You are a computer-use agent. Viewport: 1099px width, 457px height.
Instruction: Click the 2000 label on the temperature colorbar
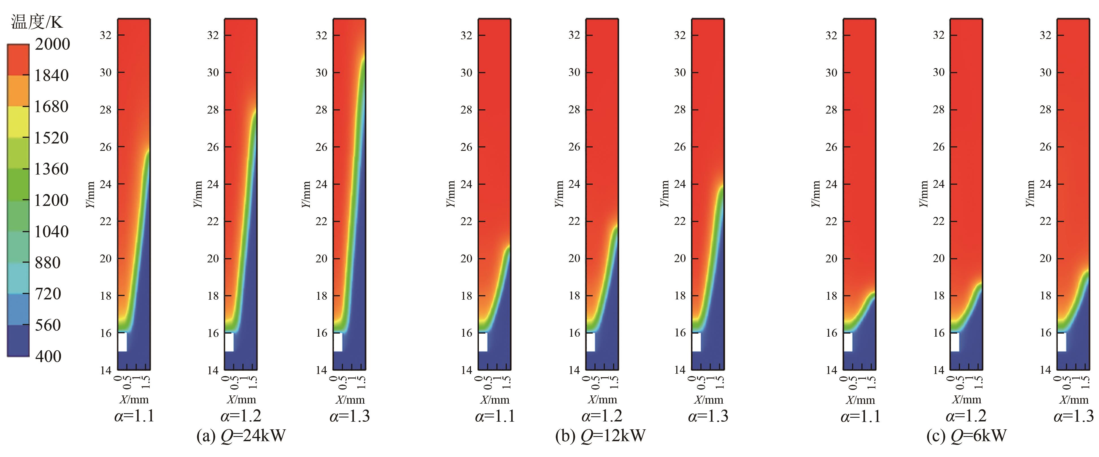52,44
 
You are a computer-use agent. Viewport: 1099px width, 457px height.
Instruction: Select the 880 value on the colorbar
48,262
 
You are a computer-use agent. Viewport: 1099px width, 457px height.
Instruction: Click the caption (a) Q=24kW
241,436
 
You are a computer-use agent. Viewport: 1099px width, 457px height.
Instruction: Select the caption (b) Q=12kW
600,436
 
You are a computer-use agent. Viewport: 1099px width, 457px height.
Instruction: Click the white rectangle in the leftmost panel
122,342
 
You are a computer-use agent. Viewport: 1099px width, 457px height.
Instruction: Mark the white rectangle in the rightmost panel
1061,342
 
